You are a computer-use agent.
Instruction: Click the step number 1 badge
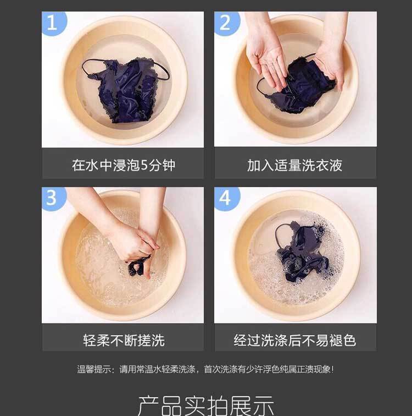(53, 22)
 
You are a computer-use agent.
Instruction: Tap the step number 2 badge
(226, 23)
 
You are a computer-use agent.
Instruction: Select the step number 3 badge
(53, 198)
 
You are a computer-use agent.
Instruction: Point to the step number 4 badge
(226, 199)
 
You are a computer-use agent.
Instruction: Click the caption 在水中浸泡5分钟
(124, 165)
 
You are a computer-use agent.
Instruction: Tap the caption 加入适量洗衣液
(294, 165)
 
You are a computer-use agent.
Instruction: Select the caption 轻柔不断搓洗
(124, 340)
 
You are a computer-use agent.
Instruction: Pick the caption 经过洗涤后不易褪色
(294, 340)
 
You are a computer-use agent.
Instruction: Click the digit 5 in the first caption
(144, 165)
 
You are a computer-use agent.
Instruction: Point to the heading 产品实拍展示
(206, 406)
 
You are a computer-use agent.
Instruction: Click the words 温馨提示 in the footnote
(94, 369)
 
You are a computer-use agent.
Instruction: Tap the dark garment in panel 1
(125, 89)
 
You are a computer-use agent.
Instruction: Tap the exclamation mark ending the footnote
(332, 369)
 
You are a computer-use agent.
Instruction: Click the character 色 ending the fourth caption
(349, 340)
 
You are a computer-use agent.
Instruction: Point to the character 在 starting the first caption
(79, 165)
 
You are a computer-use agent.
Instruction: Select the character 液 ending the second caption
(336, 165)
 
